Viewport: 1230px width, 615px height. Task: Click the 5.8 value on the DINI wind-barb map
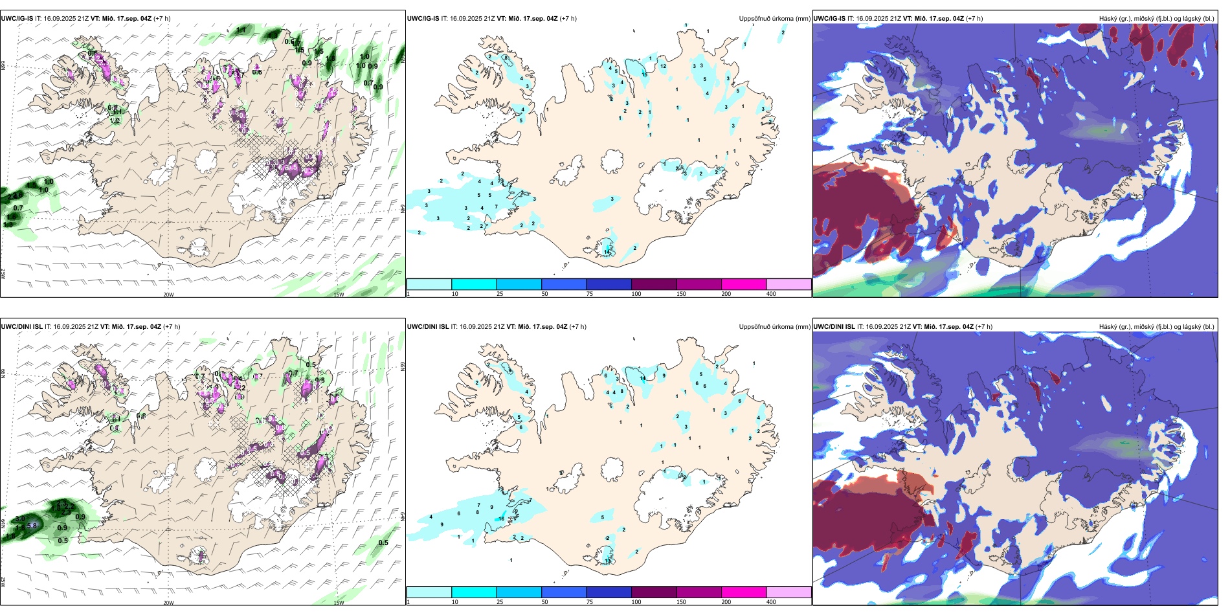[x=31, y=526]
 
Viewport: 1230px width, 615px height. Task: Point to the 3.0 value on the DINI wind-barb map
[x=19, y=519]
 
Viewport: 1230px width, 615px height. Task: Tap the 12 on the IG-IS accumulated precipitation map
[x=663, y=66]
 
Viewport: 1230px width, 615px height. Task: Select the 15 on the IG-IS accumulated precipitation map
[x=644, y=74]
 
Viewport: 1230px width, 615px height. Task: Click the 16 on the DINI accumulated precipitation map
[x=501, y=519]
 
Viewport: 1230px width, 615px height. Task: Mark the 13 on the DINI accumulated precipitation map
[x=607, y=560]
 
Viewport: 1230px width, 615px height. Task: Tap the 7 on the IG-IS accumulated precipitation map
[x=496, y=207]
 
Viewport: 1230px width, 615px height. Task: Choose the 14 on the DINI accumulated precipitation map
[x=643, y=378]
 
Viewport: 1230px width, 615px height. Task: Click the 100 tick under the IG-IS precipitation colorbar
[x=636, y=294]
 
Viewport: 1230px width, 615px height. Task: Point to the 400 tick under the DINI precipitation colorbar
[x=771, y=602]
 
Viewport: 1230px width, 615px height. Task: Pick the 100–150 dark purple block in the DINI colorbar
[x=654, y=592]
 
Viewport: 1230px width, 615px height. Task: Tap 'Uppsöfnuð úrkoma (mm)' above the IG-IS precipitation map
[x=774, y=19]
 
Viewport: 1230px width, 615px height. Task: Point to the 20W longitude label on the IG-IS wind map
[x=168, y=295]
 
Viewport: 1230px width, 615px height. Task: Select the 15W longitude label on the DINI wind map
[x=338, y=603]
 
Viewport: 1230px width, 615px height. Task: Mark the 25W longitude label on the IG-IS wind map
[x=3, y=273]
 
